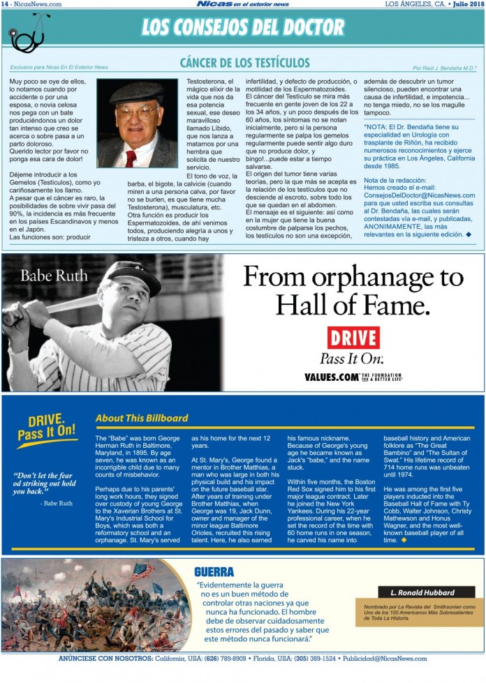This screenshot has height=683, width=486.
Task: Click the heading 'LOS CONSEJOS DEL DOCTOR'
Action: (243, 27)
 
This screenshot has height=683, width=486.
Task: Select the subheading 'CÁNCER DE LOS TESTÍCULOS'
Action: (244, 63)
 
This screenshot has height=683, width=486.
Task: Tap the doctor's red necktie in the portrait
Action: (131, 158)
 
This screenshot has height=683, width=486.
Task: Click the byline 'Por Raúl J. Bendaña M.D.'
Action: (444, 68)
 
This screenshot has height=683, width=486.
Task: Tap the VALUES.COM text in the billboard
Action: (332, 377)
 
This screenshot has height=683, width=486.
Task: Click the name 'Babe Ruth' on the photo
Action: (54, 276)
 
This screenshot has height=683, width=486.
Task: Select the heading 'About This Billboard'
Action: (142, 418)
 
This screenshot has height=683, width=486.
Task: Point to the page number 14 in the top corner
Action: (5, 3)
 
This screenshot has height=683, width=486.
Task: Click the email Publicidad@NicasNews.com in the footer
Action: (385, 659)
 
